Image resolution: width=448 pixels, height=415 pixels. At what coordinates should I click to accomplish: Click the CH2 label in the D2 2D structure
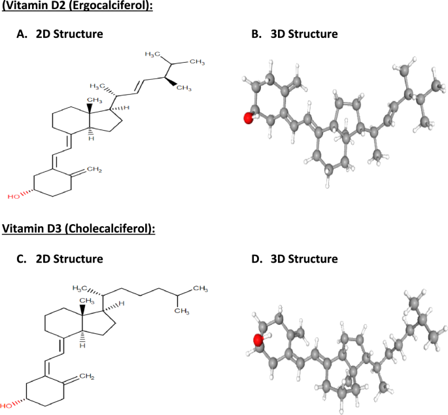coord(95,170)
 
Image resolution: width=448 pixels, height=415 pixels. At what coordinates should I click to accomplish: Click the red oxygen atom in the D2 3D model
coord(248,118)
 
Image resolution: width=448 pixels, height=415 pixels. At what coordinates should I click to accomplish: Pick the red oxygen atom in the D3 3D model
coord(258,340)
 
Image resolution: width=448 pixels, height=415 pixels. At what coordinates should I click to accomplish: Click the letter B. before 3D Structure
coord(256,33)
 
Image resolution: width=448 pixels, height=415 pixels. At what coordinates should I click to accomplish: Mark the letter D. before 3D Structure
coord(256,259)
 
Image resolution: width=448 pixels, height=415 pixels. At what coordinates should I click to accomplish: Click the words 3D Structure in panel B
coord(304,33)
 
